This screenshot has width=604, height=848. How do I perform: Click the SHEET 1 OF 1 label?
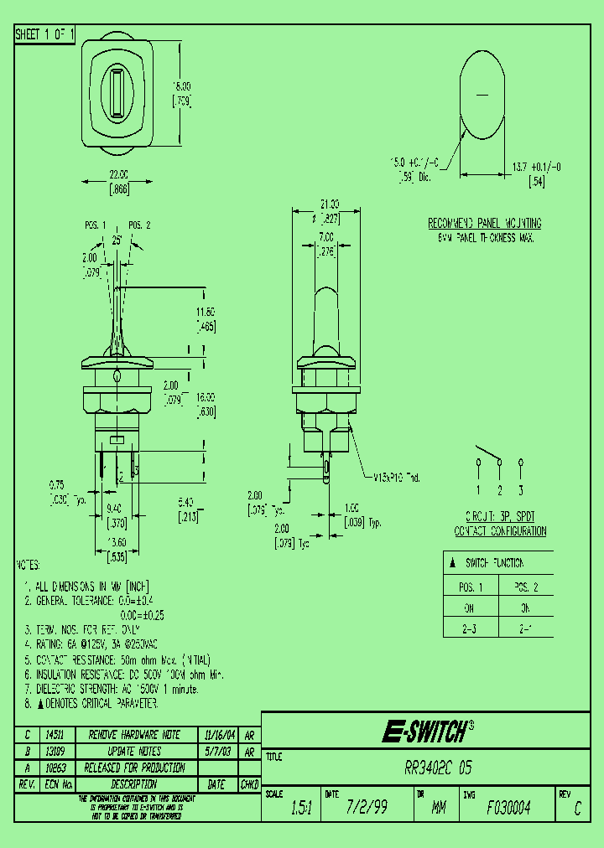[45, 35]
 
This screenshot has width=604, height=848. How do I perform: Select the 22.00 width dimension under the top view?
[117, 174]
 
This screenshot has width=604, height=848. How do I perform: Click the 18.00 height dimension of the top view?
[182, 85]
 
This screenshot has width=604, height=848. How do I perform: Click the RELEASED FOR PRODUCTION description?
[134, 768]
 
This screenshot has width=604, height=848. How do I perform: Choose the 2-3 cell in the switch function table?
[471, 627]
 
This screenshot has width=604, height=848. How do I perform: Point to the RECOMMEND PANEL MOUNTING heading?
[485, 224]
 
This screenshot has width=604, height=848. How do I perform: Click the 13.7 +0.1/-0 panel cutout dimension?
[537, 168]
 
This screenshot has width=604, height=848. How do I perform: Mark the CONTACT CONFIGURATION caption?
[500, 531]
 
